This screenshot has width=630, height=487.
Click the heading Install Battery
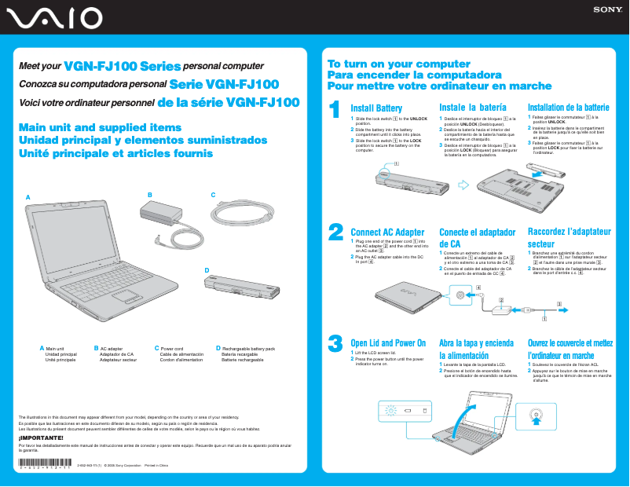376,108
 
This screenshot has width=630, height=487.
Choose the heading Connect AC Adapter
387,233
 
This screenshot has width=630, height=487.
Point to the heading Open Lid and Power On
388,343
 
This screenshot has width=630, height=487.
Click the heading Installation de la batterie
568,108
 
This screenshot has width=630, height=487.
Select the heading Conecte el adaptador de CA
477,238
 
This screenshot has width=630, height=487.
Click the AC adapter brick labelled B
159,211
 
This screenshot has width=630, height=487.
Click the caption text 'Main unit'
55,348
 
